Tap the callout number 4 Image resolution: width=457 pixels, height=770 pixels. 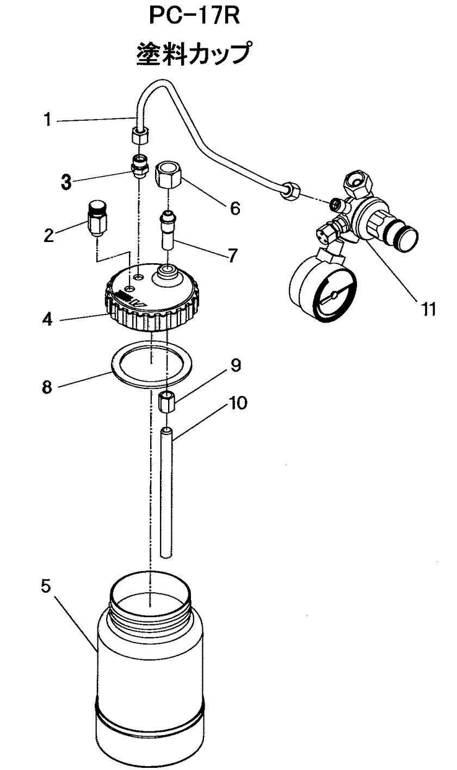pos(48,318)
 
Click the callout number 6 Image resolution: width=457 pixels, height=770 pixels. pos(234,208)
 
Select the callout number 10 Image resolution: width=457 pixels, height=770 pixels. pos(238,403)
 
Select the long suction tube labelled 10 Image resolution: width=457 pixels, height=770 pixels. pos(167,492)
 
